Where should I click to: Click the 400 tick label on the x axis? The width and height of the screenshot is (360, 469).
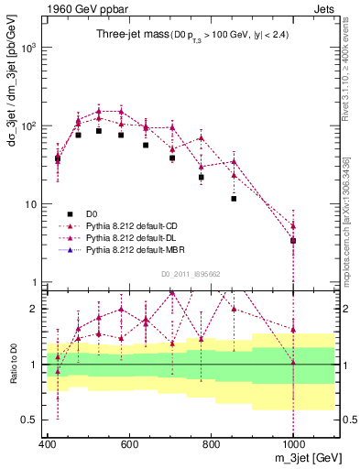tap(47, 444)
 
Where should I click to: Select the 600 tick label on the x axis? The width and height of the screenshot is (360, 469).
tap(129, 444)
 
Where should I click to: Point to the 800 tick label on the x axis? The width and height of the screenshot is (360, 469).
tap(211, 444)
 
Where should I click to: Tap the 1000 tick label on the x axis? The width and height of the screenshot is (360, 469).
tap(293, 444)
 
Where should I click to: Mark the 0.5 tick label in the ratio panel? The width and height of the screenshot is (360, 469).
tap(27, 420)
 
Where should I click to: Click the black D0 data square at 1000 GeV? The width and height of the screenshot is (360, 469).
tap(293, 241)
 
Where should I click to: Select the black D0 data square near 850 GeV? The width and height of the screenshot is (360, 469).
tap(234, 199)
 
